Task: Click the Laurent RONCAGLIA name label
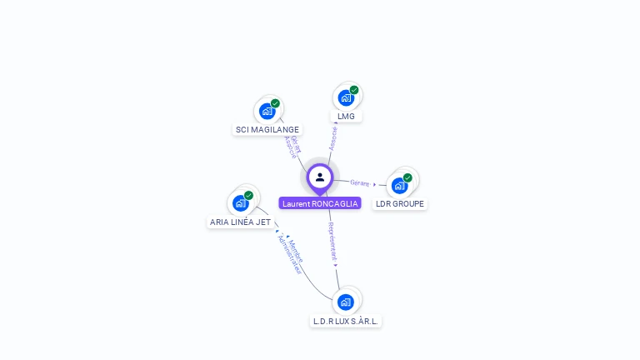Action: click(x=320, y=203)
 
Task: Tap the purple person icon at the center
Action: click(x=320, y=177)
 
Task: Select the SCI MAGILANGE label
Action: click(x=267, y=129)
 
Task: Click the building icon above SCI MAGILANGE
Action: click(x=267, y=111)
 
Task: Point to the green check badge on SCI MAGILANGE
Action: click(x=275, y=103)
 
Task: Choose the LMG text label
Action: click(x=346, y=116)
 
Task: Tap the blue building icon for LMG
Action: click(x=346, y=97)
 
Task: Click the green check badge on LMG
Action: click(x=354, y=90)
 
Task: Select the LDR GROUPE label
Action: click(x=400, y=203)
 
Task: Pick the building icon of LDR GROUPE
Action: click(x=399, y=185)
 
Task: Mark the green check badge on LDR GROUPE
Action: click(x=407, y=177)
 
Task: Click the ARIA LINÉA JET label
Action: click(x=240, y=222)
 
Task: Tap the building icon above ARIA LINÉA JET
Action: click(x=240, y=202)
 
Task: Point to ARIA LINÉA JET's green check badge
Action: click(x=248, y=195)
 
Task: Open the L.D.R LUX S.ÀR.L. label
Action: click(x=346, y=321)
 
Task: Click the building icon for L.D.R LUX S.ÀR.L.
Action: click(x=346, y=302)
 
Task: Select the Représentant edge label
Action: click(x=332, y=241)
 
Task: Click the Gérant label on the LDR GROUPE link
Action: click(x=360, y=182)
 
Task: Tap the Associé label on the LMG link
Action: click(x=333, y=137)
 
